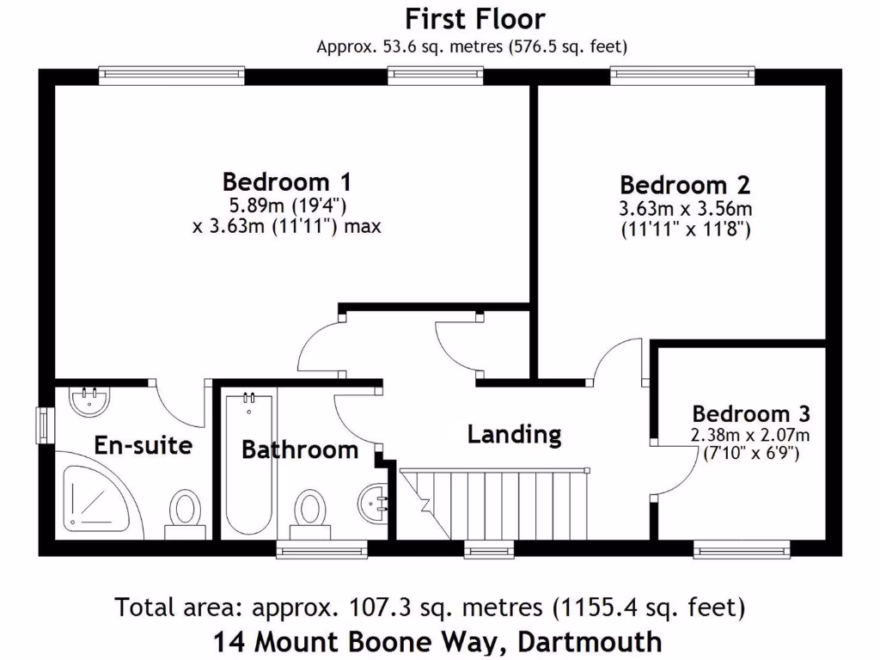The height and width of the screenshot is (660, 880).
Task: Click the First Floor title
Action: (x=474, y=18)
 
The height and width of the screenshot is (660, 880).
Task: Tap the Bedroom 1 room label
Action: (x=286, y=182)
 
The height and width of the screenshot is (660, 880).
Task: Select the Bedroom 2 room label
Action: (x=685, y=185)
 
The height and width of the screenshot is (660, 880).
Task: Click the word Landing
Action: (x=514, y=434)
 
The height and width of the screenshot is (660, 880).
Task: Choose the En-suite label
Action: (x=143, y=445)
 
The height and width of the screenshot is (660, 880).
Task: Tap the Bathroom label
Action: (x=299, y=449)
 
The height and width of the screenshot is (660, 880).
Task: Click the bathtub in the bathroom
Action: (x=248, y=464)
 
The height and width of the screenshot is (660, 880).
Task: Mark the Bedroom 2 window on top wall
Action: (x=682, y=76)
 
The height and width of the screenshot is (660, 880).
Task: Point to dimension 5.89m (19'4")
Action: (x=286, y=205)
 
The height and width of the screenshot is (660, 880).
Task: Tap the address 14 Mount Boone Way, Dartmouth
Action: (x=439, y=641)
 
